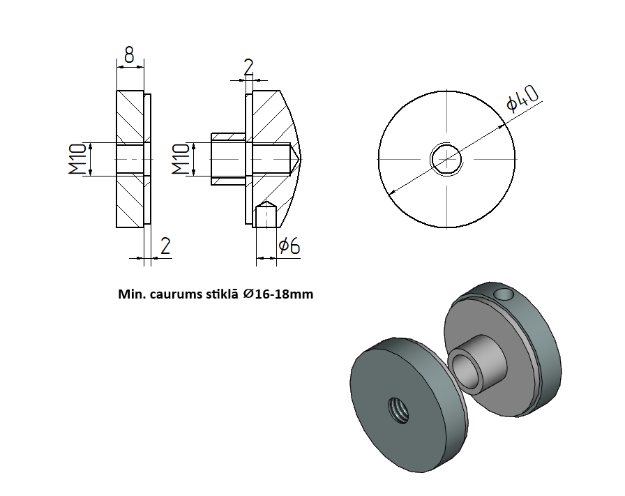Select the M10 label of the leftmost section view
click(77, 159)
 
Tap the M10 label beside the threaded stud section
click(180, 159)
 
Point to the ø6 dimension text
click(289, 246)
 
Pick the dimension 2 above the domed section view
click(249, 67)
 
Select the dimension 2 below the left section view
click(165, 246)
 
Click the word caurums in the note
click(172, 294)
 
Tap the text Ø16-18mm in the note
click(278, 294)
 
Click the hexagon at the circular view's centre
click(446, 159)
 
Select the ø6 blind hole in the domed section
click(266, 216)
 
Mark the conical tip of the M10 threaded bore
click(296, 159)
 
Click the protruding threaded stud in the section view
click(227, 159)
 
